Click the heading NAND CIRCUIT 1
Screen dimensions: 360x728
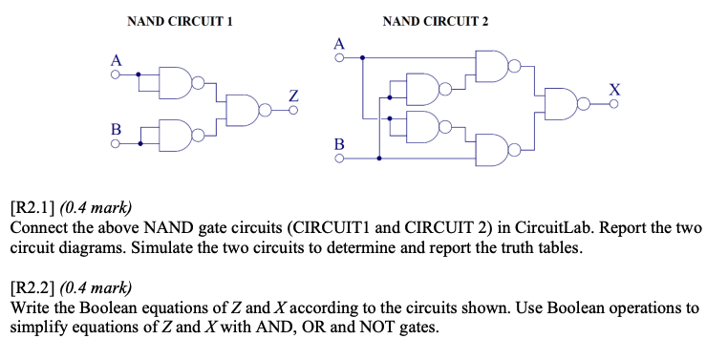[x=181, y=21]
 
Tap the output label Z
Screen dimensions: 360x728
[x=293, y=95]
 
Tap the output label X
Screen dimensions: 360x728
[x=614, y=89]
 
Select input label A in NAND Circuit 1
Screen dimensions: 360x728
[x=116, y=59]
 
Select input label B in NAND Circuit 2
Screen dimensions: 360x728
[x=337, y=145]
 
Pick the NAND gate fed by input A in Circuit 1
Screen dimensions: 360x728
[x=178, y=82]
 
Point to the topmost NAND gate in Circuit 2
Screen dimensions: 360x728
[x=491, y=65]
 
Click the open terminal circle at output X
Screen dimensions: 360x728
[x=614, y=104]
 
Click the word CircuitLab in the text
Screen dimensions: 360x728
[x=558, y=229]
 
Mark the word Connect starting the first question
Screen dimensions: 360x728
[x=39, y=229]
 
